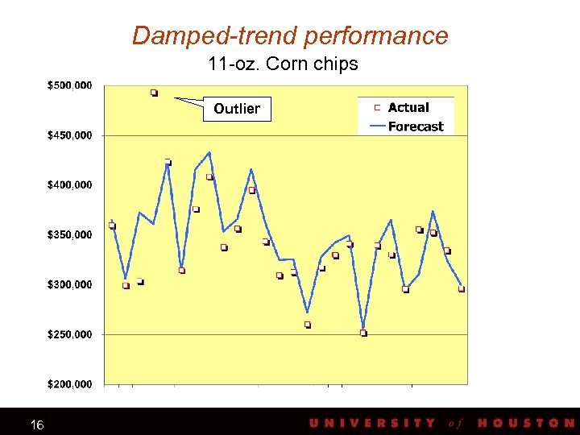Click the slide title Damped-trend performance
290,35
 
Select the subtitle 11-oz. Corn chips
283,64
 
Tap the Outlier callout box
237,109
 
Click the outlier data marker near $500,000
154,93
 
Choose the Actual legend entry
408,107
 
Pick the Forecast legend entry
415,126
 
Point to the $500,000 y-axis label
69,85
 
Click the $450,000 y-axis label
69,135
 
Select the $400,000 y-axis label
69,184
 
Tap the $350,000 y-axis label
69,234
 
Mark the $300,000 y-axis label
69,284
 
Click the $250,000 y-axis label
69,333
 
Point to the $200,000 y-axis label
69,383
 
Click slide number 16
37,425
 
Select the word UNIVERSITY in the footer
372,423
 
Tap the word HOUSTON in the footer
526,423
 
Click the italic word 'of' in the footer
456,423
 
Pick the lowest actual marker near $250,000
363,333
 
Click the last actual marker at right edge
462,288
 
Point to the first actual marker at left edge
112,226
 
